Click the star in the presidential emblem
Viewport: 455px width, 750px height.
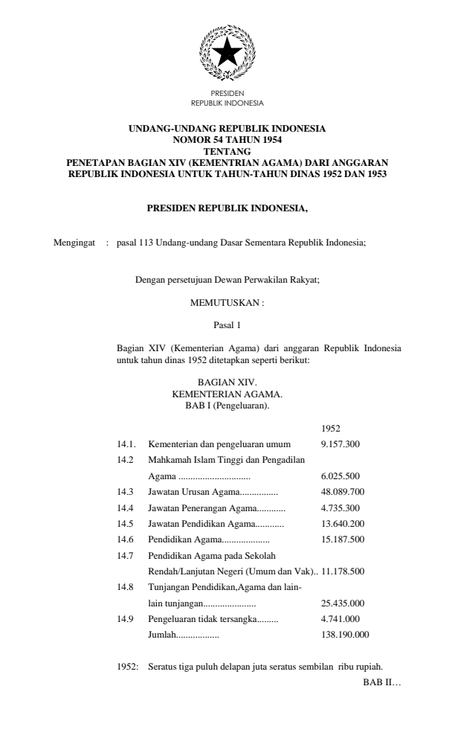227,54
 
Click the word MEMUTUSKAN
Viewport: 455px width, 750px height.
227,303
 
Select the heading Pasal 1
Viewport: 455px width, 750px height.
227,324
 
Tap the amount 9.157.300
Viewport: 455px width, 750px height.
341,443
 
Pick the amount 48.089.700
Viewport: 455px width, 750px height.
343,492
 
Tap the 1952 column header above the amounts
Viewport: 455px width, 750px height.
331,429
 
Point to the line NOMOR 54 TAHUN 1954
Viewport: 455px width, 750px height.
227,138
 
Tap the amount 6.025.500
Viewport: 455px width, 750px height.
341,475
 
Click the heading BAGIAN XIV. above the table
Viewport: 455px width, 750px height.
227,381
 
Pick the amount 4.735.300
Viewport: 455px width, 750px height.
341,507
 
